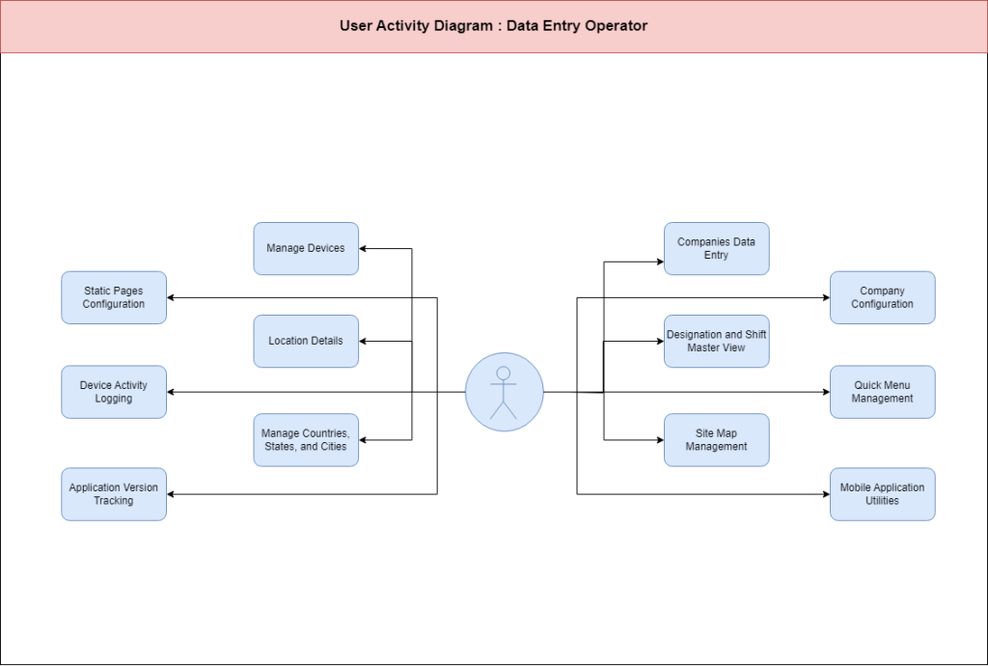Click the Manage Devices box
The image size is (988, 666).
(306, 248)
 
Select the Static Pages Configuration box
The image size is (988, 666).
(114, 297)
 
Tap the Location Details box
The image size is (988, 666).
(306, 341)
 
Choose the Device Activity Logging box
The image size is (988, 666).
(114, 392)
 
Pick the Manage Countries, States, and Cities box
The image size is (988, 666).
(306, 440)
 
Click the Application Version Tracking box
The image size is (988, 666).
(114, 494)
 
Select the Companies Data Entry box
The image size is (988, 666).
(717, 248)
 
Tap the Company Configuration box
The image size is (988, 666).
(882, 297)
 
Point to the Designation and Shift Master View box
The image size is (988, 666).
(717, 341)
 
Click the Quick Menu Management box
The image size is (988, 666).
(882, 392)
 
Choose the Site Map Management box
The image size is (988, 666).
(717, 440)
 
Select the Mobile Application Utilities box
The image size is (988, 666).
(882, 494)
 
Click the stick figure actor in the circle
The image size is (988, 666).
(504, 392)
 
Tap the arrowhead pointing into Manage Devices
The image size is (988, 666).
(363, 248)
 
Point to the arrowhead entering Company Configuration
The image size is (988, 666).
(826, 297)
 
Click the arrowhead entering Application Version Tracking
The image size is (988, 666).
(171, 494)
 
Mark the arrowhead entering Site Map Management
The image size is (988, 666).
(660, 440)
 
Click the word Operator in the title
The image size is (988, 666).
(617, 26)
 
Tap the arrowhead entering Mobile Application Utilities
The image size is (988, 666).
(826, 494)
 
